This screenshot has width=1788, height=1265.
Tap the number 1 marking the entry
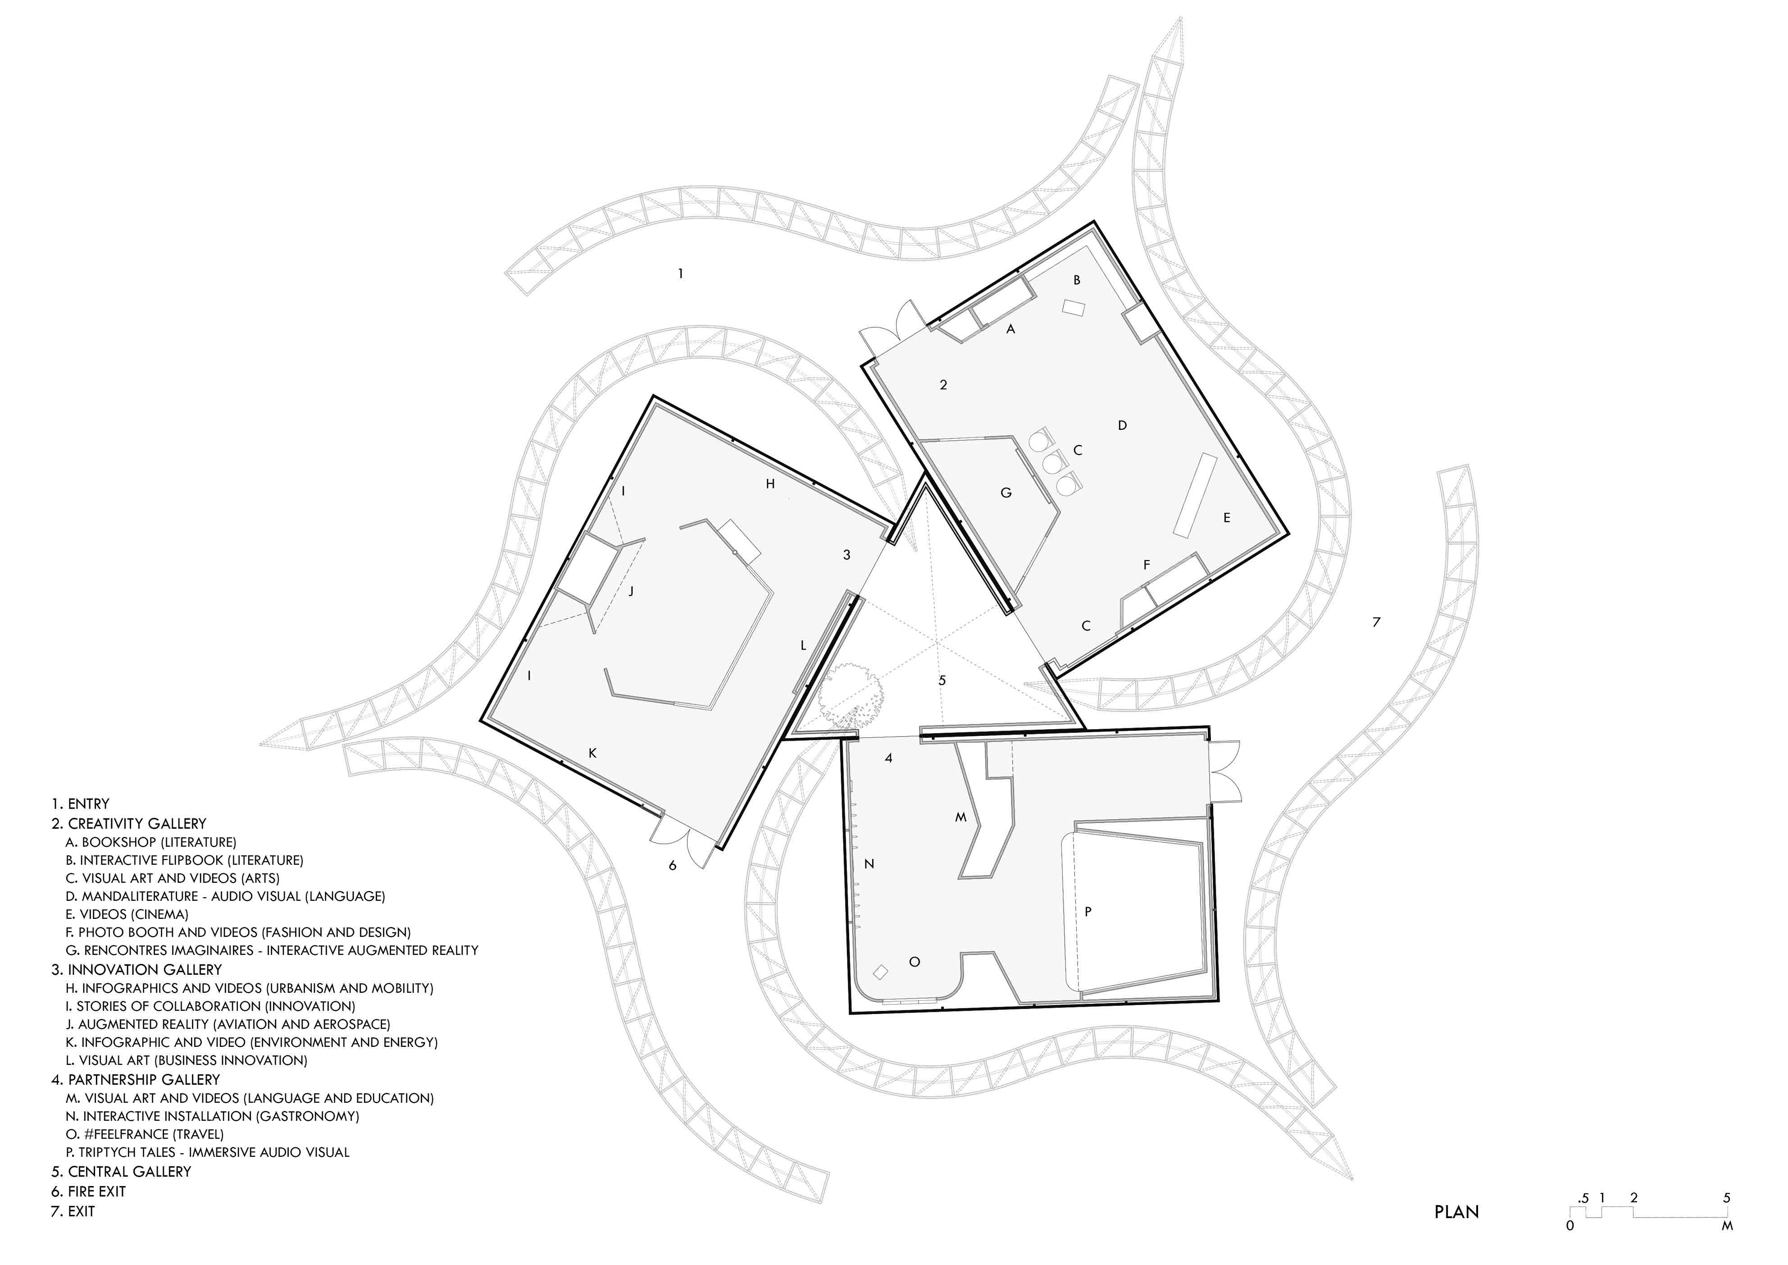(x=681, y=274)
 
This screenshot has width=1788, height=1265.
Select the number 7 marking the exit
(x=1376, y=621)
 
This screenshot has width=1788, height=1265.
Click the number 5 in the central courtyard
(x=942, y=680)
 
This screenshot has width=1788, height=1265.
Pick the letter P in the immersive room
(x=1088, y=911)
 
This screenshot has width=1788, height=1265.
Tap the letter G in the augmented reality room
(x=1006, y=492)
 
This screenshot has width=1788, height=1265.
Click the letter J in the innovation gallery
(x=631, y=590)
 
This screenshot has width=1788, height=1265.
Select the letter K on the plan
(x=593, y=753)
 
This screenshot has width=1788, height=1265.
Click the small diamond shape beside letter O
(x=881, y=972)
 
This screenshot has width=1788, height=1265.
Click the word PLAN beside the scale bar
(x=1456, y=1212)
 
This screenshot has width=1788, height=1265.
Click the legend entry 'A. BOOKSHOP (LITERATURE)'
(x=151, y=842)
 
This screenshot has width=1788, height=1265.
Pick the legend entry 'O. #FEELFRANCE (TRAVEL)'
(x=145, y=1134)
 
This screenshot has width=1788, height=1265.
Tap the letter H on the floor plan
(x=770, y=484)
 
